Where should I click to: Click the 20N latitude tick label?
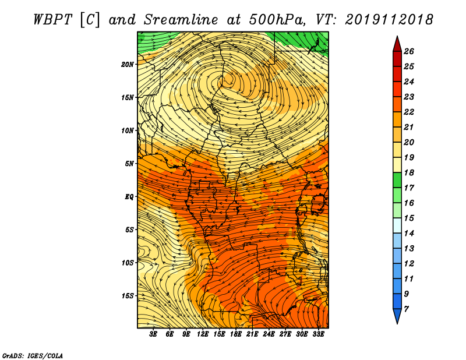[127, 64]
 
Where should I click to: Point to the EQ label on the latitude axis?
[129, 196]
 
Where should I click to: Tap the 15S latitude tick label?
[127, 296]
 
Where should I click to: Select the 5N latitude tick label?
[129, 164]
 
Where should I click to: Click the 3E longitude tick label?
[153, 334]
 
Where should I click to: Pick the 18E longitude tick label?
[235, 334]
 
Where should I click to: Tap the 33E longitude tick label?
[318, 334]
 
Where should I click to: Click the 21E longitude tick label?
[252, 334]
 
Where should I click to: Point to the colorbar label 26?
[409, 51]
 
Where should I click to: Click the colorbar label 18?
[409, 172]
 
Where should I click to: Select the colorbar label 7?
[406, 309]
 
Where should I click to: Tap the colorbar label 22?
[409, 112]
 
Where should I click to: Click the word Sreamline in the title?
[181, 20]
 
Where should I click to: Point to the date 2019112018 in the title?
[389, 20]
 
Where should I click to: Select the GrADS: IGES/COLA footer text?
[33, 356]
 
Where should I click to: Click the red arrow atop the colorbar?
[397, 44]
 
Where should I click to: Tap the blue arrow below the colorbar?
[397, 316]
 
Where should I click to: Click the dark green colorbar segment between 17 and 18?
[397, 180]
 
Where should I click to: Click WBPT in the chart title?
[53, 20]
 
